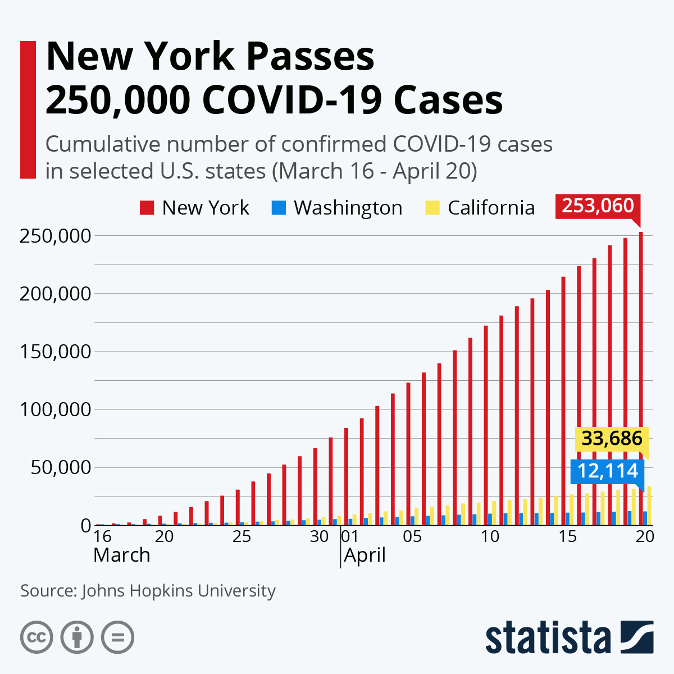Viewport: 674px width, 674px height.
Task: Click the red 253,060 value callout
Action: click(x=598, y=206)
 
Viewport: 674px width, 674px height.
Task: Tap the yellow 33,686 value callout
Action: click(x=612, y=438)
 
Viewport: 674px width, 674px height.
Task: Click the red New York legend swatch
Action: click(x=147, y=208)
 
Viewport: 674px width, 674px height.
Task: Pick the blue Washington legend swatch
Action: click(x=279, y=208)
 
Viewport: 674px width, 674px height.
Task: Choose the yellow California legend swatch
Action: click(x=432, y=208)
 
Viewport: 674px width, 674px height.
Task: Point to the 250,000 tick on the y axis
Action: click(x=55, y=236)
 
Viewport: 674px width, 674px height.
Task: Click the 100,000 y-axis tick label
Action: click(x=55, y=409)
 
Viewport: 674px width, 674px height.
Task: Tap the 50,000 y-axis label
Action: click(x=61, y=467)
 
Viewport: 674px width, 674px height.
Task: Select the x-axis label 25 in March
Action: click(x=242, y=536)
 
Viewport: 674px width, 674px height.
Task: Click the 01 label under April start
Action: click(x=349, y=536)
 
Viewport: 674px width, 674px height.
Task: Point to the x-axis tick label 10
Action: click(x=490, y=536)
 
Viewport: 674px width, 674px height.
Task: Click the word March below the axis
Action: click(x=122, y=555)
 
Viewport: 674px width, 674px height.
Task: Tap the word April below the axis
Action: click(x=365, y=555)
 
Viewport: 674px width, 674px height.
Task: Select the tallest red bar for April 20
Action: click(x=641, y=376)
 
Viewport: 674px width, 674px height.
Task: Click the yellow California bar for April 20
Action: click(x=649, y=505)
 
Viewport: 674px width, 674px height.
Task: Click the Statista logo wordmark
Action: click(x=548, y=637)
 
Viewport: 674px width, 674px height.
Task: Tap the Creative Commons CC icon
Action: click(x=37, y=637)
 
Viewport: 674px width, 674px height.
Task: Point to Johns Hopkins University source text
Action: click(x=179, y=591)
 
